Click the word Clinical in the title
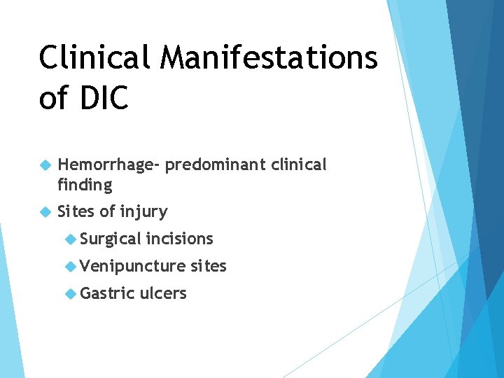pos(95,57)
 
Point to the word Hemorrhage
pos(109,165)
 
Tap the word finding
pos(85,185)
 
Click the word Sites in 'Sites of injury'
pos(76,211)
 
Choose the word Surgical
pos(111,239)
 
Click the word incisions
pos(179,239)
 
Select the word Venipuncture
pos(132,266)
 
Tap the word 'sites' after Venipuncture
pos(208,266)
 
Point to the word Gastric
pos(107,293)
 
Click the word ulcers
pos(163,293)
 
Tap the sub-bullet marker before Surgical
pos(70,239)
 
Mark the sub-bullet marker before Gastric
pos(70,294)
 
